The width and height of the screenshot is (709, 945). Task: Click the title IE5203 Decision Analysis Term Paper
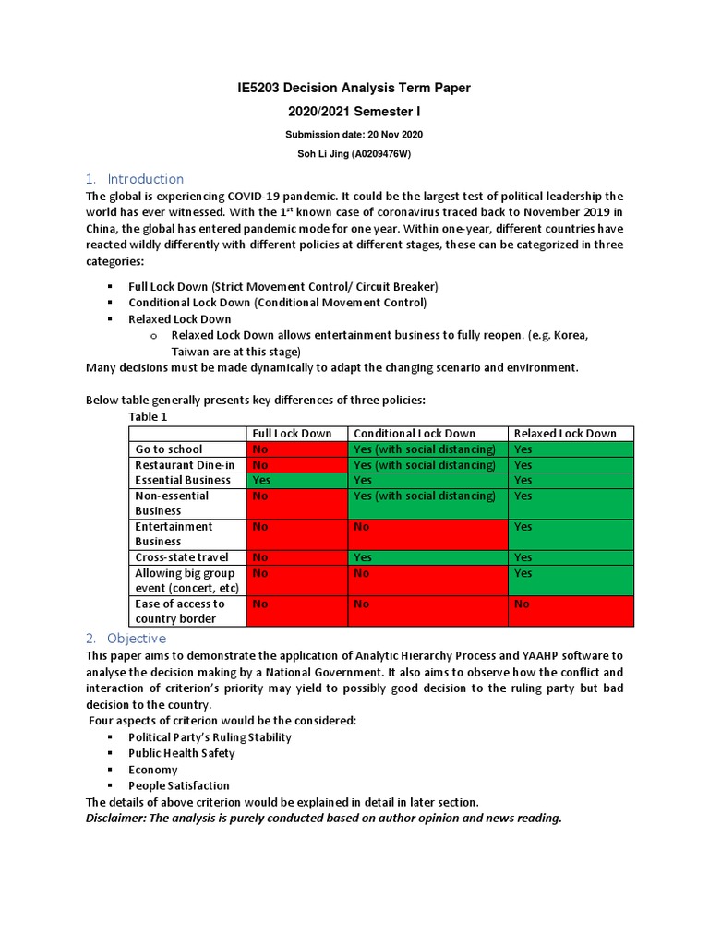[x=354, y=88]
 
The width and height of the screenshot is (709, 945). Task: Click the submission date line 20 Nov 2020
[x=354, y=135]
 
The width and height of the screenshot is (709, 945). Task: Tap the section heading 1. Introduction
[x=135, y=179]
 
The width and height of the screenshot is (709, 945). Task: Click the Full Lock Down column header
[x=292, y=434]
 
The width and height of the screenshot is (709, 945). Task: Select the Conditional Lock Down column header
[x=415, y=434]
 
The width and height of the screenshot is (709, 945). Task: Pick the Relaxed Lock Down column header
[x=565, y=434]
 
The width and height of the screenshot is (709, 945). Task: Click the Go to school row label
[x=169, y=449]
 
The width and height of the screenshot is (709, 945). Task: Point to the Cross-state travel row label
[x=182, y=557]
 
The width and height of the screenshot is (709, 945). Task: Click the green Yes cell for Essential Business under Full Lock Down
[x=296, y=480]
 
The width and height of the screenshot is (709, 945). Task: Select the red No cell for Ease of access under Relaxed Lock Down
[x=571, y=611]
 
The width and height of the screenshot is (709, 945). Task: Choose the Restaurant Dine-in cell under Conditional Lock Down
[x=427, y=465]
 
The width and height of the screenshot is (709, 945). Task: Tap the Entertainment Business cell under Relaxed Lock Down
[x=571, y=534]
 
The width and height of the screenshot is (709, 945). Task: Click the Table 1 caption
[x=148, y=416]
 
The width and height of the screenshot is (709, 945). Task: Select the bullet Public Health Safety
[x=182, y=753]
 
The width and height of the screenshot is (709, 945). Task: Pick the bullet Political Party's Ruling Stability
[x=210, y=737]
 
